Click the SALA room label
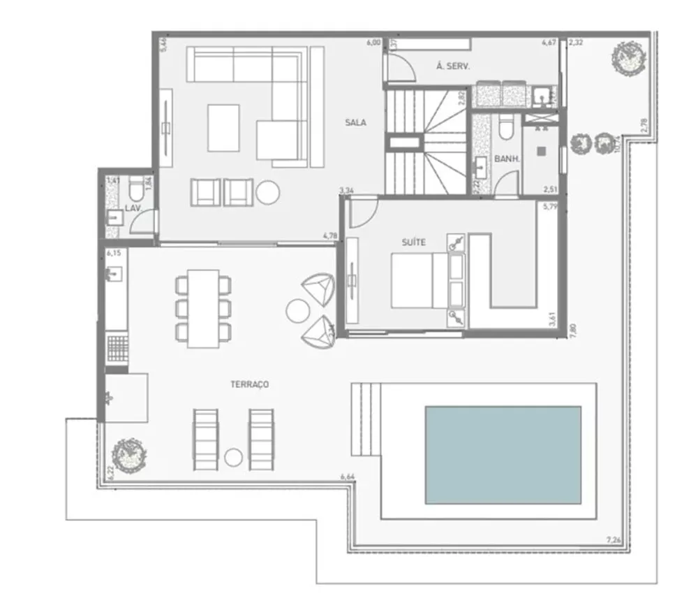(x=355, y=122)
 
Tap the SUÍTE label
(x=414, y=242)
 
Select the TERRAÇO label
(x=250, y=384)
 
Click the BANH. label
(x=507, y=159)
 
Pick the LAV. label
(x=133, y=208)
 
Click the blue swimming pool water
(x=503, y=454)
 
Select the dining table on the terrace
(x=204, y=307)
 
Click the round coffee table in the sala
(x=267, y=192)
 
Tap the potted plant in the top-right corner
(x=625, y=57)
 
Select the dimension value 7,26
(x=614, y=539)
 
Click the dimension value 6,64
(x=347, y=477)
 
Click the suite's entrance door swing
(x=362, y=214)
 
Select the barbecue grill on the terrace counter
(x=117, y=348)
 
